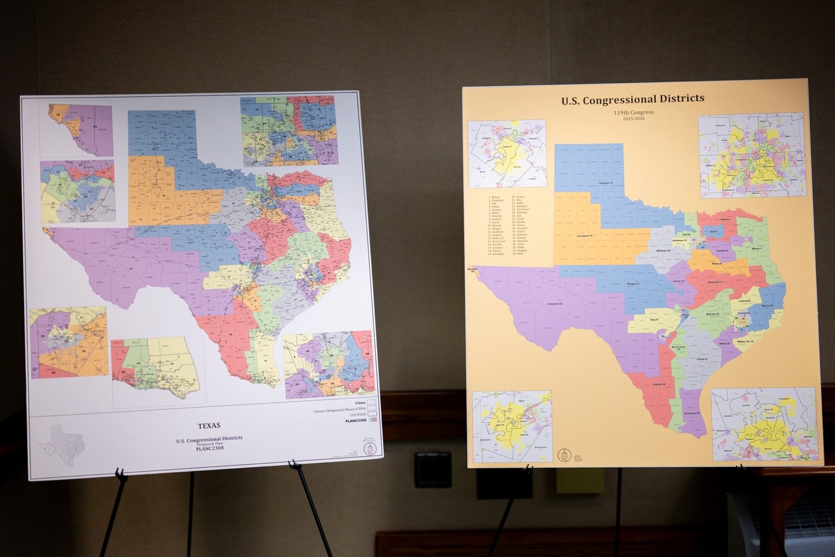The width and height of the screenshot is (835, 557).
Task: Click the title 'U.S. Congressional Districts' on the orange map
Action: click(x=633, y=99)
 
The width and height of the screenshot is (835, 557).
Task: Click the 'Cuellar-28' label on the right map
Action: click(x=659, y=385)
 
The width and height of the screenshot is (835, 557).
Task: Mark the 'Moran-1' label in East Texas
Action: click(x=757, y=248)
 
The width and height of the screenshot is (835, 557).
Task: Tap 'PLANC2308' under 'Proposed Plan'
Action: click(x=209, y=448)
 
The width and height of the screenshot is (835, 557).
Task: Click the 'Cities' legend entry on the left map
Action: click(x=360, y=403)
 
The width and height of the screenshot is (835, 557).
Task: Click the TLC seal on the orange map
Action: click(x=564, y=455)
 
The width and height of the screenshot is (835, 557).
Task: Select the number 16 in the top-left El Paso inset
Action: click(x=58, y=114)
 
